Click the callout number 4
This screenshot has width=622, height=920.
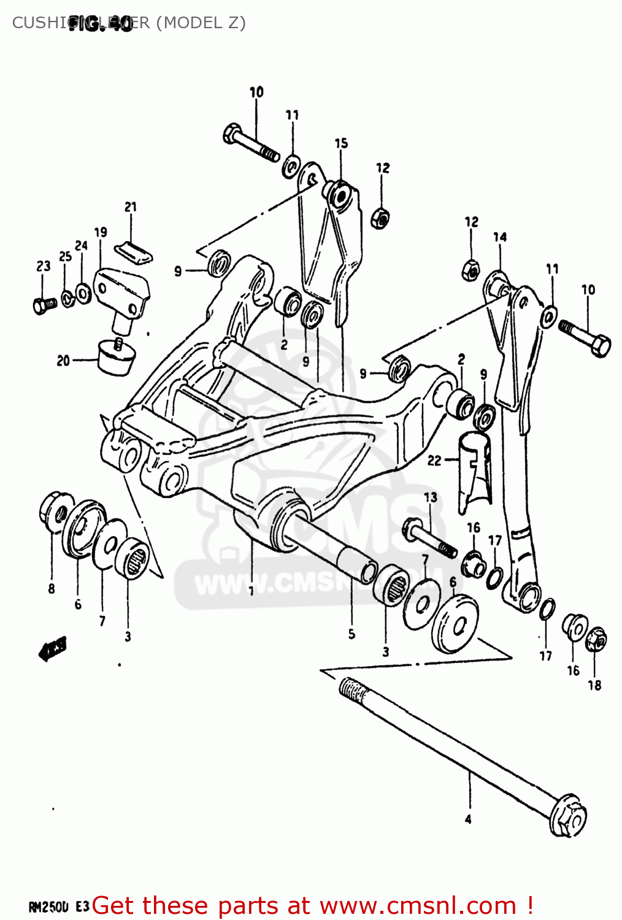(x=468, y=819)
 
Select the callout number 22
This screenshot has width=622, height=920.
(x=434, y=460)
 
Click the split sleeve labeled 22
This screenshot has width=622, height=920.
(x=475, y=469)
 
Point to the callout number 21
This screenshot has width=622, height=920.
(x=131, y=207)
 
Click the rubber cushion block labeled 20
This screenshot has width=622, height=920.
(x=115, y=358)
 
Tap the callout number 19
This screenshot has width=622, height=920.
(x=101, y=232)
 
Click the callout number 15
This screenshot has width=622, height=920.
(x=341, y=143)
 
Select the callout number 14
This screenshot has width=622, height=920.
(x=500, y=237)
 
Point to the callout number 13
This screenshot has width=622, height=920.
(x=431, y=497)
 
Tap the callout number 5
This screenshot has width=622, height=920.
(x=351, y=634)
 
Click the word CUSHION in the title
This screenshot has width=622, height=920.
(x=40, y=23)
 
